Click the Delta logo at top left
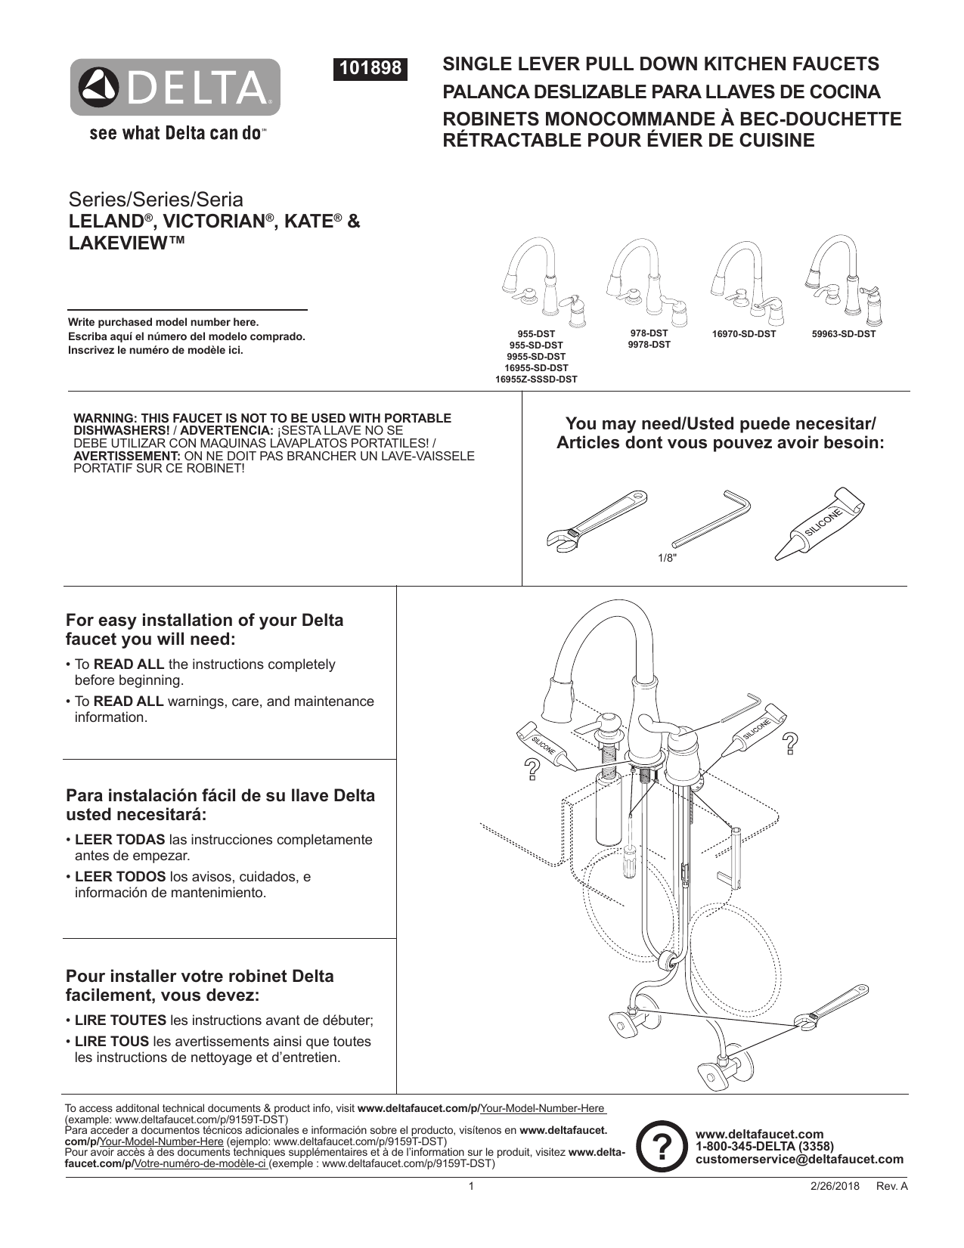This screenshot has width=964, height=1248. pos(175,88)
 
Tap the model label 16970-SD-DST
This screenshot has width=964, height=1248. pos(744,333)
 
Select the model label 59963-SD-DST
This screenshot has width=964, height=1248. pos(844,333)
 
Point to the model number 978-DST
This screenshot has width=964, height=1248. pos(649,333)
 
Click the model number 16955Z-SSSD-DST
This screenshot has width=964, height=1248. pos(536,379)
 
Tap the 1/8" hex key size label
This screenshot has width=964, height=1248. pos(666,558)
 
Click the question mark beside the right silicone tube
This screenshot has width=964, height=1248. pos(790,744)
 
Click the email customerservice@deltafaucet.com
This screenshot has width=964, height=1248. pos(799,1159)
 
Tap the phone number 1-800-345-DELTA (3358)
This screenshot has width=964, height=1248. pos(764,1147)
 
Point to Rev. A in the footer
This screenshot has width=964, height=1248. pos(891,1187)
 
